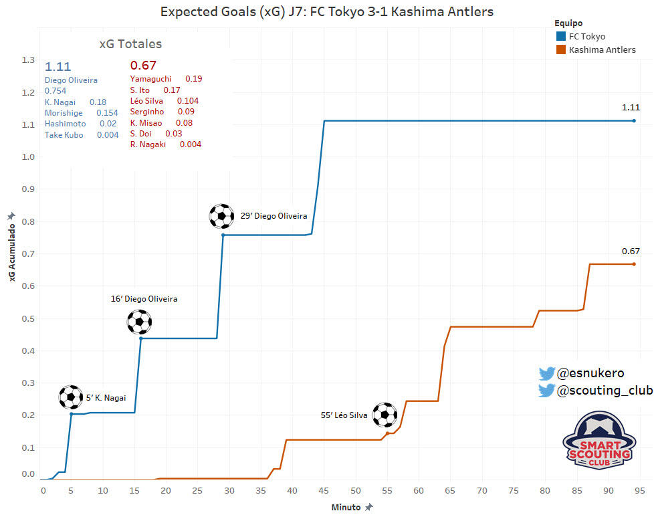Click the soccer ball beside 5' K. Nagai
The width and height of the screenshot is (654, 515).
click(71, 397)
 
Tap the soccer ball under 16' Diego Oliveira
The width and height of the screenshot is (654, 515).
click(139, 322)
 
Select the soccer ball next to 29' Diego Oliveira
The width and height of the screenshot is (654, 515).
click(221, 216)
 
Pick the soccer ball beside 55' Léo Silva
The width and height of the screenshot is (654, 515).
click(385, 415)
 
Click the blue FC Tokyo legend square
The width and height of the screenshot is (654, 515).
click(561, 36)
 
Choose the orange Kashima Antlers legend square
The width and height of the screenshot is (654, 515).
click(561, 49)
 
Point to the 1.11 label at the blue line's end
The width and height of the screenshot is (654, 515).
click(631, 107)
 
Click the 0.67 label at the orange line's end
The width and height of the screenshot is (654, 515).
click(631, 251)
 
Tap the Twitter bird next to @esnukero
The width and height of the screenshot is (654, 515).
click(547, 374)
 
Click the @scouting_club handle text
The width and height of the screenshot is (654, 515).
click(605, 390)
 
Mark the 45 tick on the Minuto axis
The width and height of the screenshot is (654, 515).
click(324, 491)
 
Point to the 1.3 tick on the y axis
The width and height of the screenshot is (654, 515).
click(28, 60)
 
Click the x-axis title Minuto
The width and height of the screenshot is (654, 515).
click(346, 508)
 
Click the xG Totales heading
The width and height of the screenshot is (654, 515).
click(130, 44)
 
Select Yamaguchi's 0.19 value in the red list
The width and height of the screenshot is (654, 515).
click(193, 78)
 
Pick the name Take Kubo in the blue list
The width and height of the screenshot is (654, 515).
click(64, 134)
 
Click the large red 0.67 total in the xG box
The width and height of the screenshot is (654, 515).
click(143, 65)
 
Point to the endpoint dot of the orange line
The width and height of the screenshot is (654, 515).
click(634, 264)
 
